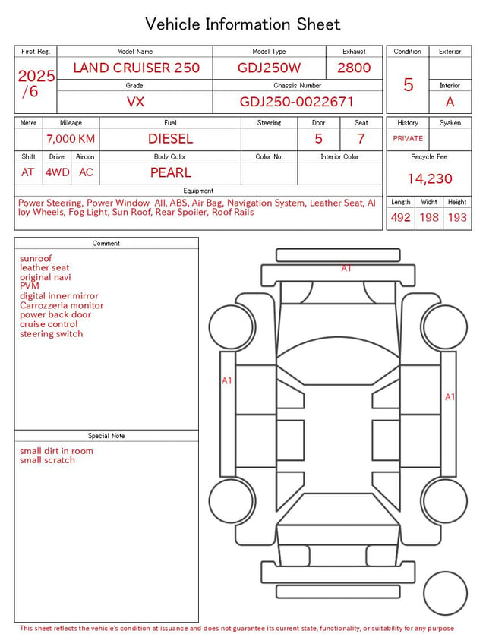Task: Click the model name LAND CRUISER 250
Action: (136, 68)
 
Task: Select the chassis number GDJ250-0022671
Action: (297, 102)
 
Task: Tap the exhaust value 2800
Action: (354, 68)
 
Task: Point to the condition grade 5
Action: (409, 84)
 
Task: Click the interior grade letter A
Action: (450, 102)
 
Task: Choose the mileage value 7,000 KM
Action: (71, 139)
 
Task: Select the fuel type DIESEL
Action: (170, 139)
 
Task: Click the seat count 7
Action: (361, 139)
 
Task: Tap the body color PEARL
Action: (171, 172)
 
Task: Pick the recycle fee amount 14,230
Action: (429, 178)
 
